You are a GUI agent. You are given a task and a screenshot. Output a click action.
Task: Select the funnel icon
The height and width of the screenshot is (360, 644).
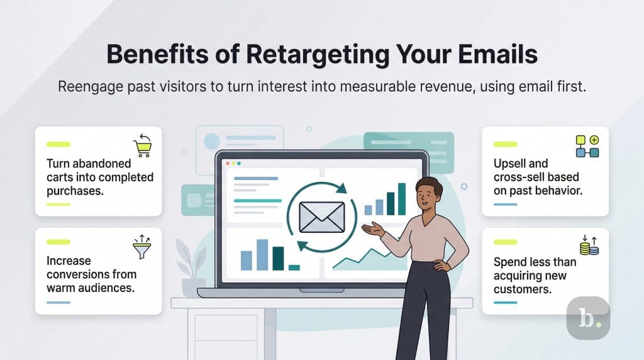(x=143, y=246)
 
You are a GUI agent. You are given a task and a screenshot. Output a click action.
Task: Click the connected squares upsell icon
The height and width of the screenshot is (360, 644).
(x=587, y=146)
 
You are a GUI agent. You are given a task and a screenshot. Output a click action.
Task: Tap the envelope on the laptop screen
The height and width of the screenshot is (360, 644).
(x=321, y=217)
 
